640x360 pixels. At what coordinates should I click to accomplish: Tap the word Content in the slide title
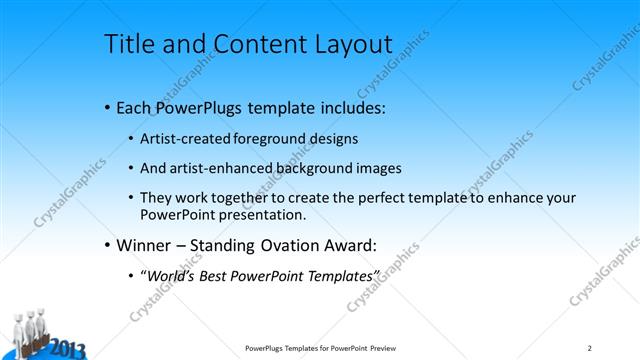(x=250, y=45)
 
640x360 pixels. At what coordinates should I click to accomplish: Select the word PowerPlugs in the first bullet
(x=202, y=107)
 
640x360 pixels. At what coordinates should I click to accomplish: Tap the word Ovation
(x=286, y=244)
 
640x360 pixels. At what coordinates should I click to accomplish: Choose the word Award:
(x=353, y=244)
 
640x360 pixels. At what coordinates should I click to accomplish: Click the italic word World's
(x=173, y=275)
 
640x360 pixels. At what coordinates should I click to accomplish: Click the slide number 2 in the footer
(x=590, y=348)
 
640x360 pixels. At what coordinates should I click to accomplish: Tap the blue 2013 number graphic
(x=65, y=349)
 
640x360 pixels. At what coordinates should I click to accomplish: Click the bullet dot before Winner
(x=107, y=244)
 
